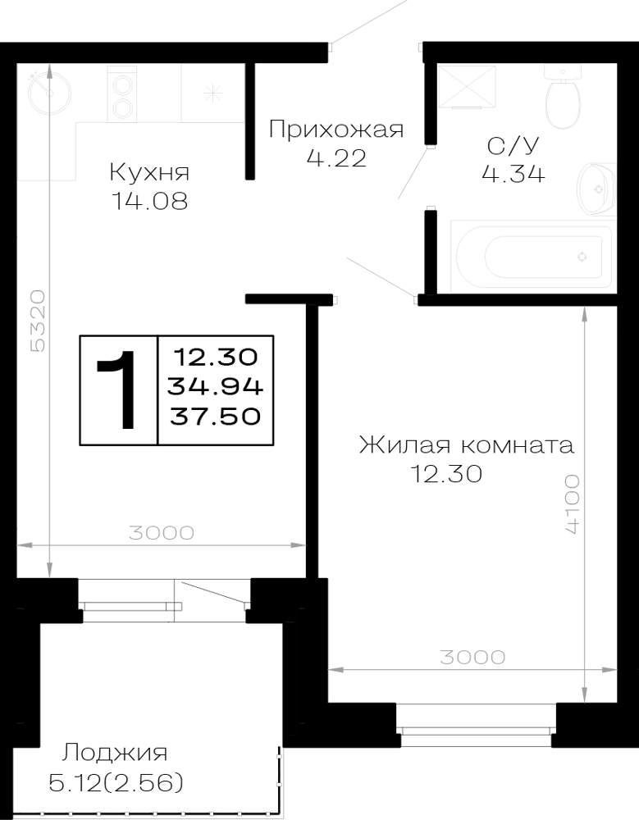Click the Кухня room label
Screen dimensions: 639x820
coord(149,172)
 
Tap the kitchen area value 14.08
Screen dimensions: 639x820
coord(149,201)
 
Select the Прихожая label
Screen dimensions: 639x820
coord(336,130)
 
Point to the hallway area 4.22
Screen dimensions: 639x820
coord(336,157)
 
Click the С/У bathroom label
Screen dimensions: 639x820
coord(513,146)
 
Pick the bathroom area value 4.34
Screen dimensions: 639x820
coord(513,174)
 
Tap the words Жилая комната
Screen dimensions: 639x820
coord(466,445)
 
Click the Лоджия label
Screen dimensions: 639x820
coord(115,754)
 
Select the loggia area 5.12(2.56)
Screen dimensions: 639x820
coord(116,783)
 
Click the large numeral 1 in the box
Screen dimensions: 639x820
coord(119,389)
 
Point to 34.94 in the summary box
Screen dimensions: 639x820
coord(215,387)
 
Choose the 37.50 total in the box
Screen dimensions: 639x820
coord(215,417)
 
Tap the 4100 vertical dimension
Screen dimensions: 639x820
coord(572,503)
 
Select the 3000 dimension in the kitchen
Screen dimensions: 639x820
coord(162,533)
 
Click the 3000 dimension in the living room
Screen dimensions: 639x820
coord(472,657)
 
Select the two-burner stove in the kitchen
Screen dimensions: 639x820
coord(122,94)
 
